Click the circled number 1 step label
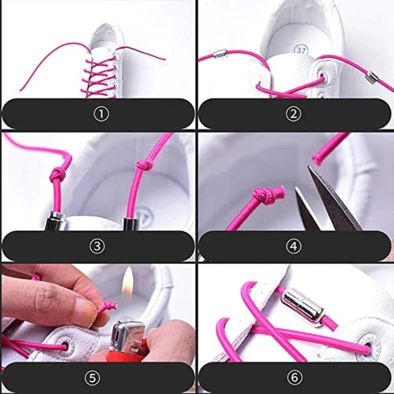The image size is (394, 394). [x=101, y=114]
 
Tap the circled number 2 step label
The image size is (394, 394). [x=293, y=114]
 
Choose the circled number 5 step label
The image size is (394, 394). [x=92, y=377]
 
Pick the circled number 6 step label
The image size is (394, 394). [x=294, y=377]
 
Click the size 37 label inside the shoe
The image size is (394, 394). [x=301, y=51]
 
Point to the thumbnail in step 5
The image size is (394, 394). [x=82, y=306]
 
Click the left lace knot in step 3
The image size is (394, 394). [x=57, y=174]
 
